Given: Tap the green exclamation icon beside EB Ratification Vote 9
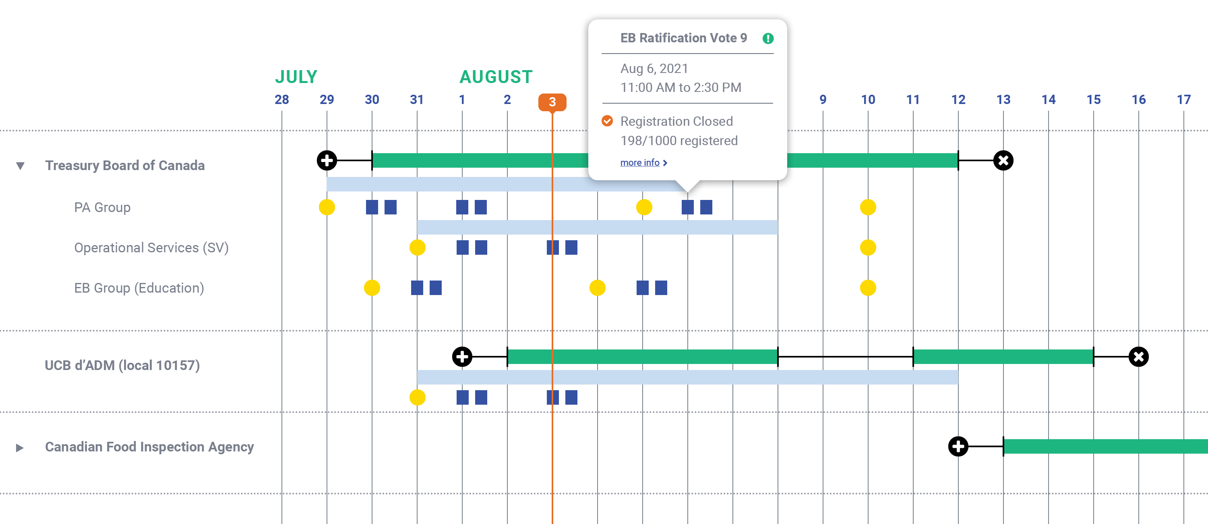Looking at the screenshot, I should point(767,39).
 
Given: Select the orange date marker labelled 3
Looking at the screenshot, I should point(552,102).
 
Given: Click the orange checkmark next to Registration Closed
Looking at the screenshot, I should point(607,121).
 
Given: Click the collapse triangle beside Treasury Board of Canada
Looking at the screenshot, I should point(20,166).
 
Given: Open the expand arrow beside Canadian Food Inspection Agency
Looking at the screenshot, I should point(20,447).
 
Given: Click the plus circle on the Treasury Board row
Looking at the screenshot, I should point(327,160).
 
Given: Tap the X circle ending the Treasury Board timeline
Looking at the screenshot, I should point(1003,160).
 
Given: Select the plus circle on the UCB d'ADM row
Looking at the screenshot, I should point(462,357).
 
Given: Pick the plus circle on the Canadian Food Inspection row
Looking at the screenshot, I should point(958,446).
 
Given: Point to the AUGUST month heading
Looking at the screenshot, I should point(496,77).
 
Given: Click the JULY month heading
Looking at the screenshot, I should point(296,77).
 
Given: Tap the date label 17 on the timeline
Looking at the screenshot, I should point(1183,100).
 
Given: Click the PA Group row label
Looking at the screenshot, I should point(102,207).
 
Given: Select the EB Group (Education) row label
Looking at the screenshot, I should point(139,288).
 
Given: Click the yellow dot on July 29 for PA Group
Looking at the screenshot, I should point(327,207).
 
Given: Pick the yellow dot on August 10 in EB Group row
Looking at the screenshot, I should point(868,288).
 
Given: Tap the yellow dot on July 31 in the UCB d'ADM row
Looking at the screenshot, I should point(417,397).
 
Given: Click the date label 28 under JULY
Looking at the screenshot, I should point(282,100).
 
